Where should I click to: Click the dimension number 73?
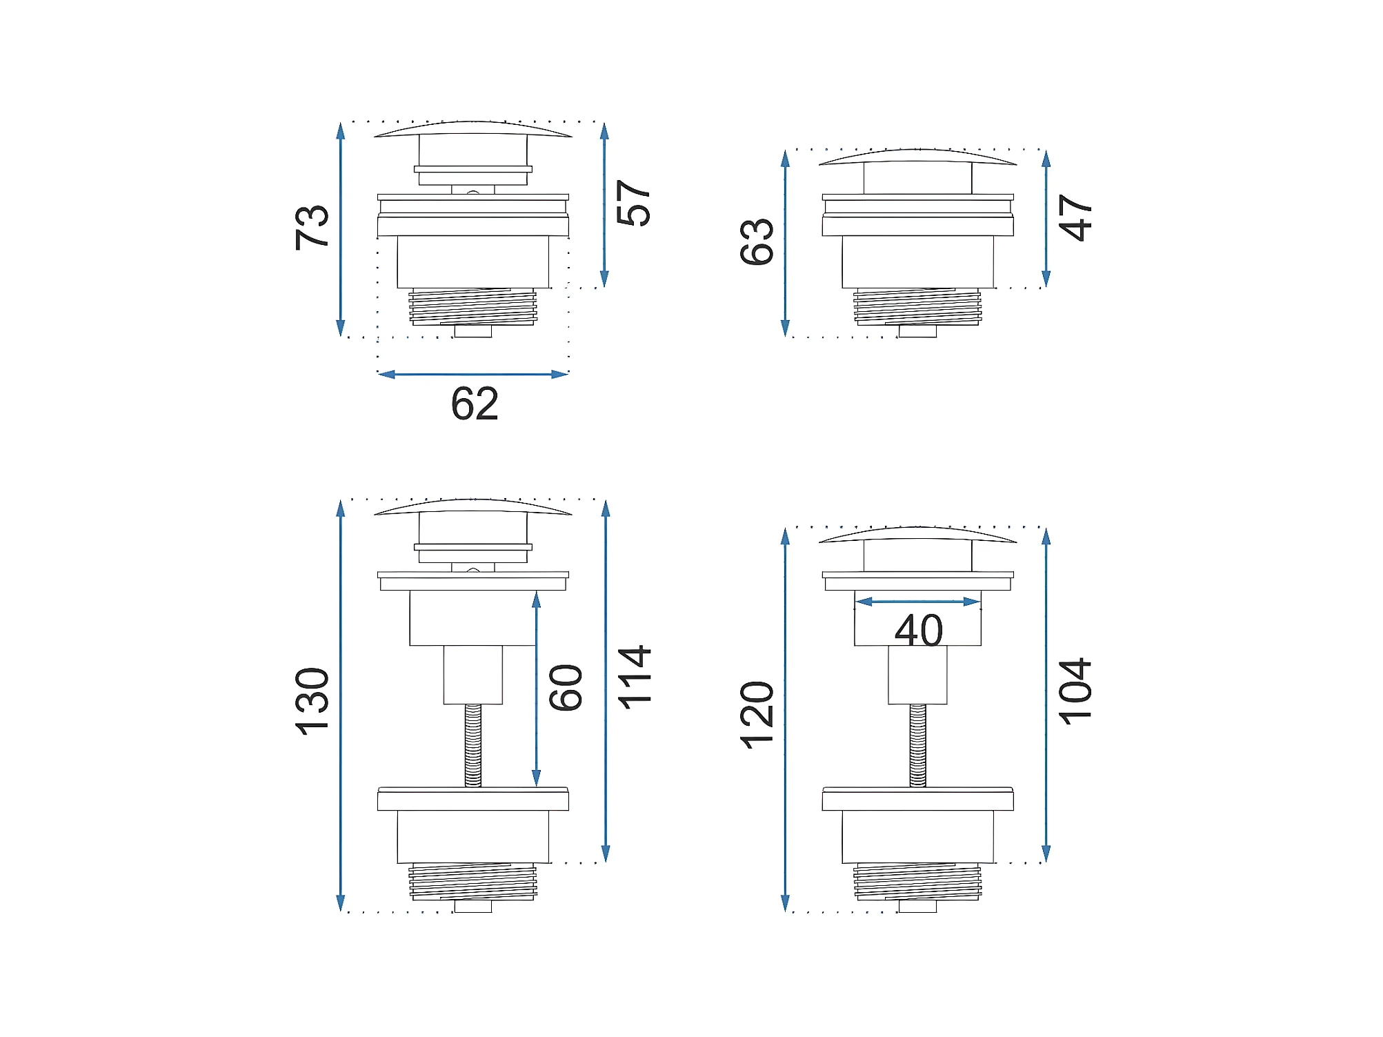pos(312,227)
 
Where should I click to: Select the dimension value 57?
pos(633,203)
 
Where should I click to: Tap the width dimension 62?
pos(475,404)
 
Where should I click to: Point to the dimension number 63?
pos(757,241)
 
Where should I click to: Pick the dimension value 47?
pos(1075,217)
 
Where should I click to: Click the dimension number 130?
pos(312,702)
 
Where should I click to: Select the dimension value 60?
pos(566,687)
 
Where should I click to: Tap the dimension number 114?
pos(633,677)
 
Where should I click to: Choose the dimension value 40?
pos(919,630)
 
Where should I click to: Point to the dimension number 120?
pos(757,715)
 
